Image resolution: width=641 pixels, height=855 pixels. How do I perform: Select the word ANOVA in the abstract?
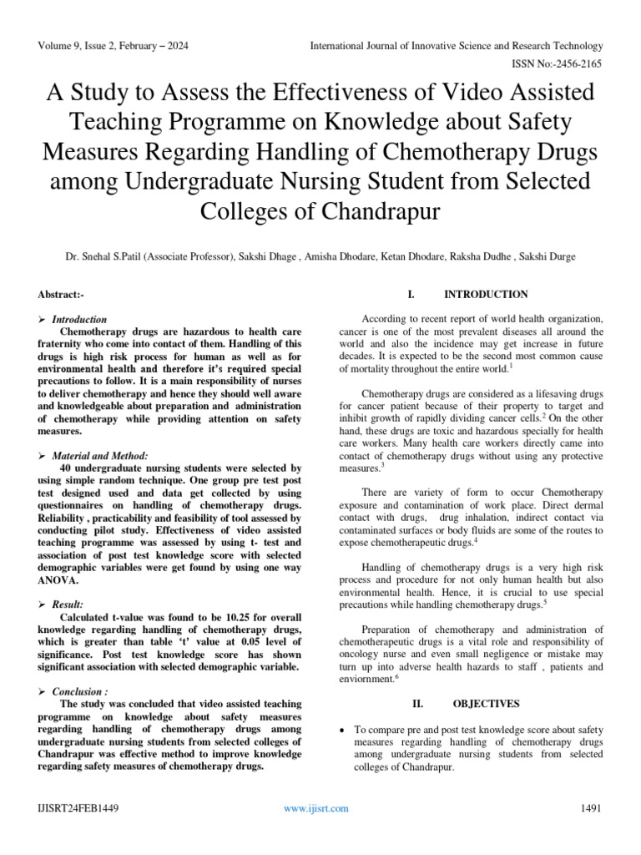58,579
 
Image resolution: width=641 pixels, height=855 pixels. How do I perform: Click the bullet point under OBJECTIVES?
346,730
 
